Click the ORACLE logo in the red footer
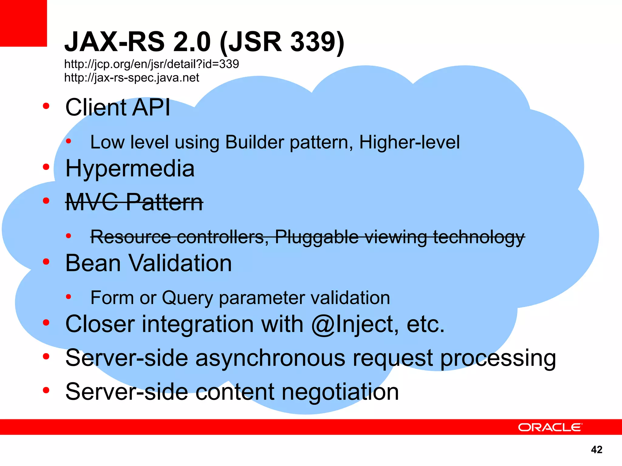[550, 427]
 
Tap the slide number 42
[596, 449]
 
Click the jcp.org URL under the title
[152, 64]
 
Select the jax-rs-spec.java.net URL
[132, 78]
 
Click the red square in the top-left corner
[23, 23]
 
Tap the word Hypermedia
[130, 169]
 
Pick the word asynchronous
[270, 358]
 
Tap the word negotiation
[340, 392]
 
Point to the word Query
[187, 298]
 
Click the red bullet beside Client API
[46, 106]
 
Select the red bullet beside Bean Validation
[46, 262]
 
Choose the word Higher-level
[409, 142]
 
